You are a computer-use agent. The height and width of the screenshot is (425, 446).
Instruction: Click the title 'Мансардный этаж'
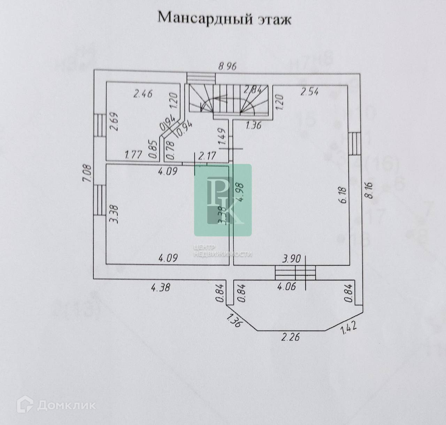click(x=224, y=18)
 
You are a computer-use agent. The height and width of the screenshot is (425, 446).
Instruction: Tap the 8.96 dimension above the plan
click(x=227, y=66)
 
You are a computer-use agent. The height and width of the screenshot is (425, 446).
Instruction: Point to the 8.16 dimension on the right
click(x=370, y=190)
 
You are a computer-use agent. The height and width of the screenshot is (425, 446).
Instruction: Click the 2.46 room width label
click(x=143, y=93)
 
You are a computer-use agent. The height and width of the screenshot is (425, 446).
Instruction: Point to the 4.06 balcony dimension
click(x=286, y=287)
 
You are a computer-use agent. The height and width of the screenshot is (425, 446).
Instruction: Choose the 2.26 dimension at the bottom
click(x=291, y=337)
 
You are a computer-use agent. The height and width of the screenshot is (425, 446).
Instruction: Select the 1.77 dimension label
click(x=133, y=154)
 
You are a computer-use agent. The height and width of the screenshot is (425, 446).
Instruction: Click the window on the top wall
click(x=200, y=77)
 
